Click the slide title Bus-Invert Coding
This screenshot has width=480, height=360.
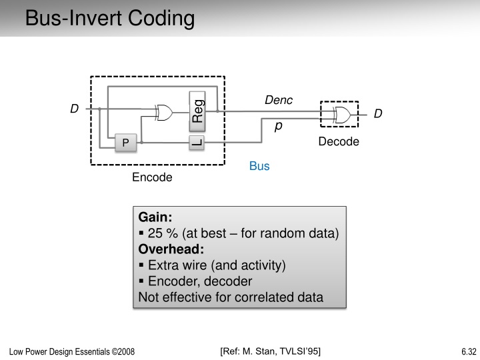coord(110,18)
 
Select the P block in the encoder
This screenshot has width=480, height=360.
coord(125,143)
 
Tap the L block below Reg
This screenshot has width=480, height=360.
coord(197,142)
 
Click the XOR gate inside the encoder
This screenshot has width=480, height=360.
coord(164,113)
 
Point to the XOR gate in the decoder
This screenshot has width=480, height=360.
coord(343,115)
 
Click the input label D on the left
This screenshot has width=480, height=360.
coord(75,109)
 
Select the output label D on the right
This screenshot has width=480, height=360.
coord(378,114)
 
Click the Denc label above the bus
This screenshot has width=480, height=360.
coord(279,100)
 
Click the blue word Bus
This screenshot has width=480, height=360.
coord(259,166)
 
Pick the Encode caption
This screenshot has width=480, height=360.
coord(152,177)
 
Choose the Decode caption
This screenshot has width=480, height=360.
coord(338,141)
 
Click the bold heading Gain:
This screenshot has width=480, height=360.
coord(155,217)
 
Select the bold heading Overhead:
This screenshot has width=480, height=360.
coord(171,249)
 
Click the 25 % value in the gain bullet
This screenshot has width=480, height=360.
coord(163,233)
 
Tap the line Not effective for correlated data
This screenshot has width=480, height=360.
coord(231,297)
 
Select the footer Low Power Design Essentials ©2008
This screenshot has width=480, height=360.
coord(72,352)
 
